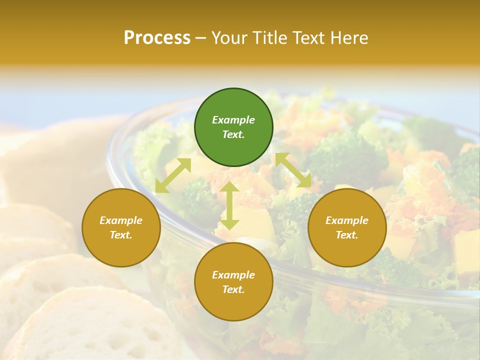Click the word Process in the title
point(157,38)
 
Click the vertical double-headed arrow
point(229,205)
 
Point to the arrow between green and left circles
point(173,175)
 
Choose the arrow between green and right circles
point(293,170)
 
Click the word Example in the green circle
point(233,120)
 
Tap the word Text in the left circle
point(121,235)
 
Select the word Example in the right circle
point(347,220)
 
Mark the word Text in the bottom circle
point(233,289)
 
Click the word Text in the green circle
point(233,134)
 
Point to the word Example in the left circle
point(121,220)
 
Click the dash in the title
point(201,38)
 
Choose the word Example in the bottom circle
point(233,275)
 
